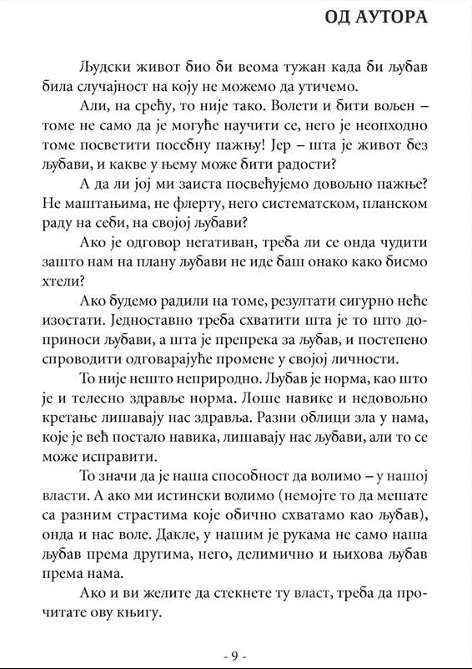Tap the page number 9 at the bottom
236,655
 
